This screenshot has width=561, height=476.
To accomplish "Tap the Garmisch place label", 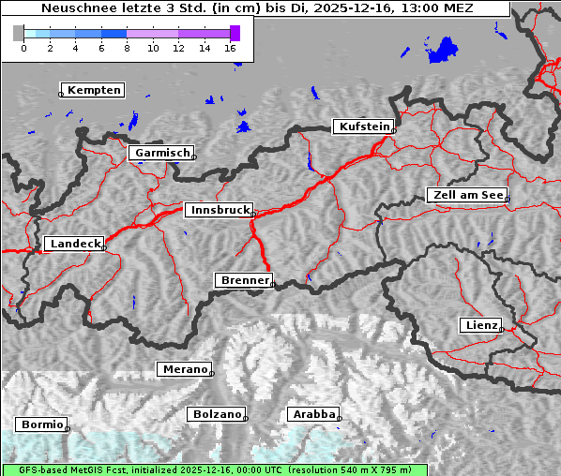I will (162, 153).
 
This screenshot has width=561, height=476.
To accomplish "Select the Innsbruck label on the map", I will (219, 211).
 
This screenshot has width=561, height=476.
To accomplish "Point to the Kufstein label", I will (363, 126).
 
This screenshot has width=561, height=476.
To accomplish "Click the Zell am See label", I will (467, 195).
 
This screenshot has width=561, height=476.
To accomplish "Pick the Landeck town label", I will (74, 244).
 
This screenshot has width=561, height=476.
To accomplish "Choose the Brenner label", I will (245, 280).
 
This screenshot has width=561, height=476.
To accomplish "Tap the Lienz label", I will (481, 325).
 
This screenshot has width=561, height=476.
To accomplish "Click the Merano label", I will (184, 369).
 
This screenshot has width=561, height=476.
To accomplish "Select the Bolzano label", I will (217, 414).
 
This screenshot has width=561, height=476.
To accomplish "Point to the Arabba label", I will (313, 414).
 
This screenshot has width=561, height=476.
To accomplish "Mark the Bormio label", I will (42, 424).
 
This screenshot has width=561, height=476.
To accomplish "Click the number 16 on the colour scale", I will (231, 47).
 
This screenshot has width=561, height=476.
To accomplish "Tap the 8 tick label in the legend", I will (127, 47).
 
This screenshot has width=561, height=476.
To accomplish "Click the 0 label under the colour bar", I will (23, 47).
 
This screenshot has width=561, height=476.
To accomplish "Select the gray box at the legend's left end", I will (19, 33).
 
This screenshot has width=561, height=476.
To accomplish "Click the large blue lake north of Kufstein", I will (442, 50).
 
